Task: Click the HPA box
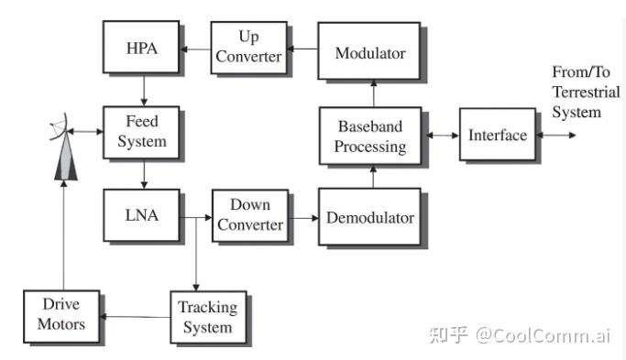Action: coord(141,47)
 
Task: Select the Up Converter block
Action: coord(248,48)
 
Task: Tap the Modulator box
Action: coord(369,50)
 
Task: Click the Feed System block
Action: coord(141,133)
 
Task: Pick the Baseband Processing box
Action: coord(370,136)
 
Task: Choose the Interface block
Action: coord(498,135)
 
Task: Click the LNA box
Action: coord(141,215)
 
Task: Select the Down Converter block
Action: coord(250,215)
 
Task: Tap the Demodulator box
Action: coord(369,217)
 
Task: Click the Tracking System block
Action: coord(208,317)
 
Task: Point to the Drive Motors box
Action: coord(61,316)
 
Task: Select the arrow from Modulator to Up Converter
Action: coord(302,49)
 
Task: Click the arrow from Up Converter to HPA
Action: coord(195,49)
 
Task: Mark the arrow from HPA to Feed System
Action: coord(144,90)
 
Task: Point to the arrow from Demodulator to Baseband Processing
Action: coord(373,177)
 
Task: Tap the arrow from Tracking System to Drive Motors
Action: coord(135,317)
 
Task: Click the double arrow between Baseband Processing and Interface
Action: coord(443,136)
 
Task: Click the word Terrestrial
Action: coord(586,93)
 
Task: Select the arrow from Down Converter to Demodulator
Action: coord(303,218)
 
